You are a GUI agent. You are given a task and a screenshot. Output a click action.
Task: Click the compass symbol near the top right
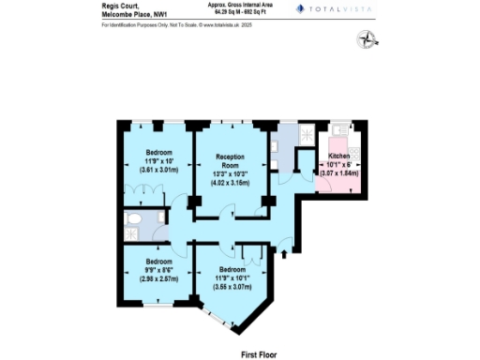366,38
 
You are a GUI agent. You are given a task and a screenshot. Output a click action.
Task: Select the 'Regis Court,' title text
117,5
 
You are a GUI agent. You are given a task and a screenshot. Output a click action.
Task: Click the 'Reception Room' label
231,159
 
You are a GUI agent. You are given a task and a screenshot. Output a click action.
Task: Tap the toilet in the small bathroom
134,222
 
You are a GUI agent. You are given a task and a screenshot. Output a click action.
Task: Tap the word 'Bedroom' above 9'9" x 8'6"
157,261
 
